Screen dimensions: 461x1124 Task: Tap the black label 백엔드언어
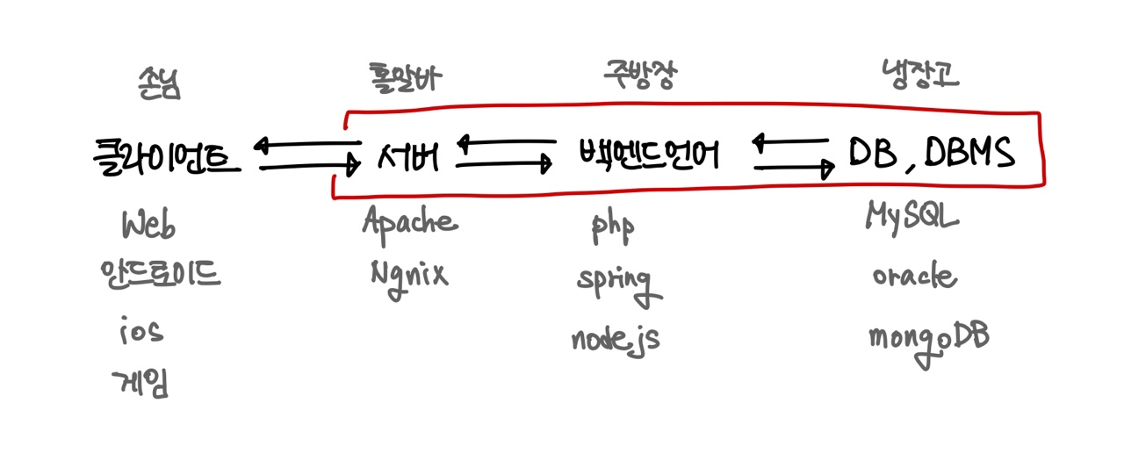point(649,155)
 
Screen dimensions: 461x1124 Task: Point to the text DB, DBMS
point(932,154)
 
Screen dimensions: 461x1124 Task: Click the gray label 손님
point(158,85)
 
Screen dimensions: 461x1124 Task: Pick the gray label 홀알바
point(405,80)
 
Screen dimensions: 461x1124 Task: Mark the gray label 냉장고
point(919,76)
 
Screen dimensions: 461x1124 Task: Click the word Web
point(149,226)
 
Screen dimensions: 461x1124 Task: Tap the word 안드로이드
point(161,276)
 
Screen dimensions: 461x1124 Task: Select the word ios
point(141,332)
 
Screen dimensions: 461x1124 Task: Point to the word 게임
point(140,382)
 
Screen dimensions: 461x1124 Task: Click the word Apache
point(410,220)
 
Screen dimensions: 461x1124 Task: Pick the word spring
point(614,283)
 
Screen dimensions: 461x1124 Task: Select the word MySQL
point(911,216)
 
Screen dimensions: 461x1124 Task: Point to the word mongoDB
point(928,338)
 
